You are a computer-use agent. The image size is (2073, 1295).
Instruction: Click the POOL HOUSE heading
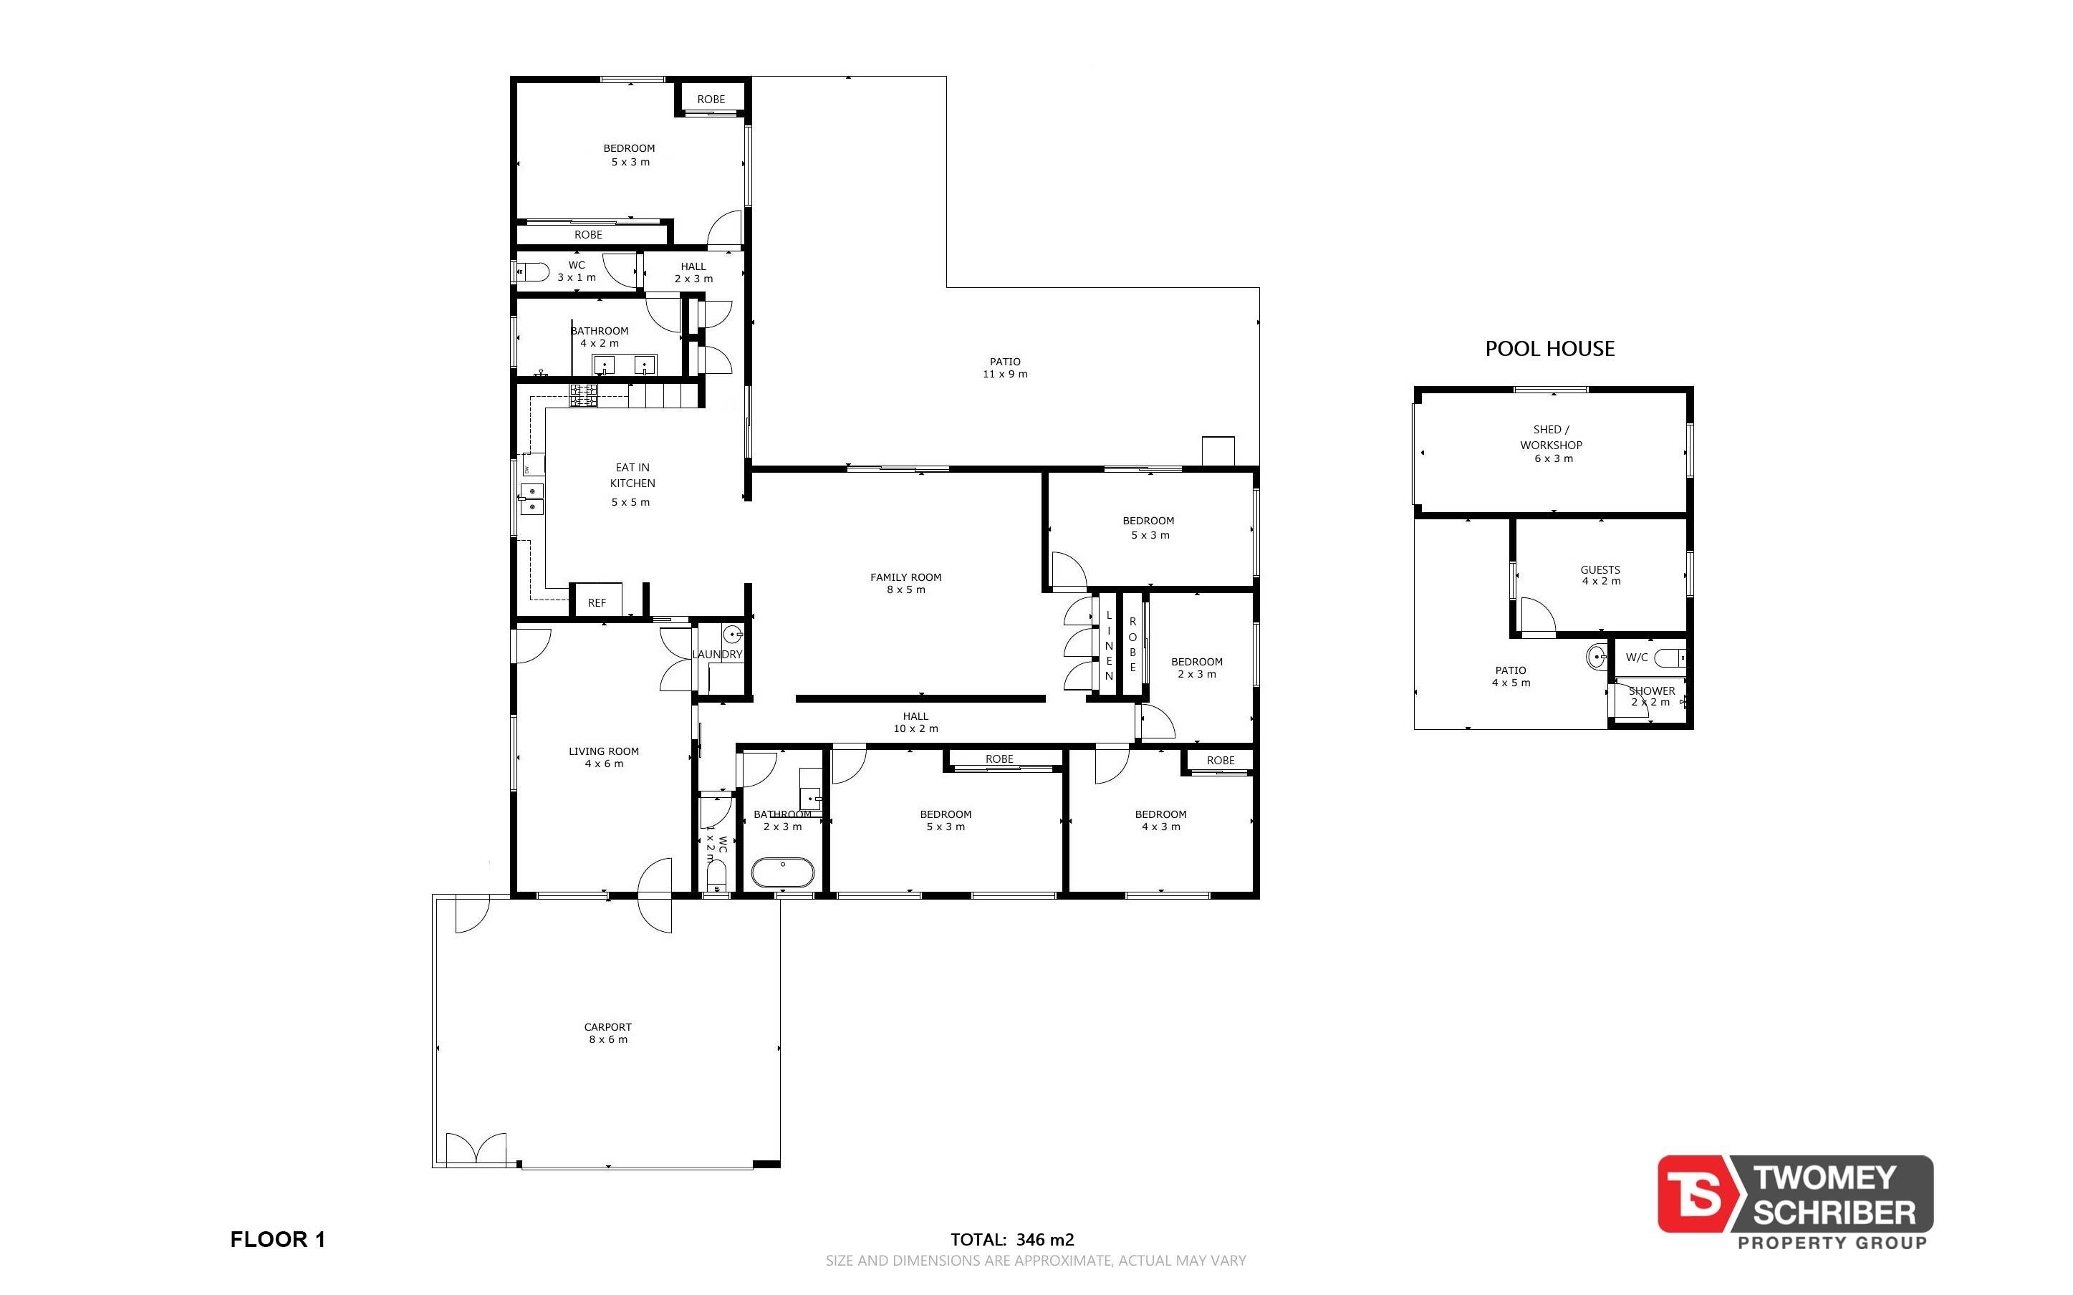(1550, 349)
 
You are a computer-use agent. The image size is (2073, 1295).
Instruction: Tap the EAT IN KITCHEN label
(633, 476)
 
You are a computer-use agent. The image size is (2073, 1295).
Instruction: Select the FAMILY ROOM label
(906, 577)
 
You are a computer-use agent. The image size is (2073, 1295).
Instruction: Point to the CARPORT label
(608, 1027)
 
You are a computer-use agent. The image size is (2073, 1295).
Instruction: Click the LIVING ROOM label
(604, 751)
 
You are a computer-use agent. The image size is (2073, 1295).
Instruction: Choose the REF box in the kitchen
(597, 601)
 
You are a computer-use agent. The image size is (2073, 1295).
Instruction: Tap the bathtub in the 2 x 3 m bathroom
(784, 872)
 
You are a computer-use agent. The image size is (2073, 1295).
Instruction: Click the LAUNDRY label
(718, 655)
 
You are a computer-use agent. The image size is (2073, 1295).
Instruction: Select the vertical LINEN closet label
(1109, 646)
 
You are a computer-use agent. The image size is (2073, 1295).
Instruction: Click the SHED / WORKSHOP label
(1552, 437)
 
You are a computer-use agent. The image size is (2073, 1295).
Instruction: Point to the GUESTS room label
(1600, 569)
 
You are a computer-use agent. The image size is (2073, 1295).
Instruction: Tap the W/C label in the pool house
(1636, 658)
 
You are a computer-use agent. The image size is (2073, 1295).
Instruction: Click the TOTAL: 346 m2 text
(1012, 1239)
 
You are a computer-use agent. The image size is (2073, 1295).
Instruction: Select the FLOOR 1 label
(277, 1239)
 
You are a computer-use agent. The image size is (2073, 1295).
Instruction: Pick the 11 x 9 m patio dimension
(1005, 375)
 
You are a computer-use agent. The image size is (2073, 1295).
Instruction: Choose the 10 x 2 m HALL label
(915, 722)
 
